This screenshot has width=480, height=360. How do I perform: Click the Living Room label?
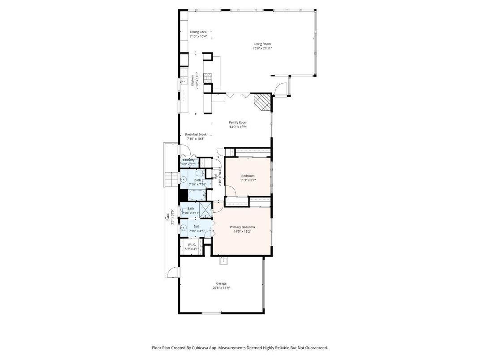pos(262,44)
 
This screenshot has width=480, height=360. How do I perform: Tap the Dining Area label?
pos(198,32)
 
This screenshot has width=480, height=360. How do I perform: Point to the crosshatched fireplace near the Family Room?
pos(262,102)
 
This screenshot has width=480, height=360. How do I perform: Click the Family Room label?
pos(238,122)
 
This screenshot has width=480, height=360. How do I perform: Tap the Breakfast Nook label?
pos(196,134)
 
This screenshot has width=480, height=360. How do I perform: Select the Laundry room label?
pos(189,160)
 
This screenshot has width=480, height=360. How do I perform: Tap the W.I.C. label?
pos(191,244)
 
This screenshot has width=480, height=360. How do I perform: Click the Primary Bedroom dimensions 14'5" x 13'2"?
pos(242,231)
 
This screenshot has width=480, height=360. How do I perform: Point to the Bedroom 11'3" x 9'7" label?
pos(248,176)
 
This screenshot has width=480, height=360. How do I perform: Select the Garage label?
pos(221,283)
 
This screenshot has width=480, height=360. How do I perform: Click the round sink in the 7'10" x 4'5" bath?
pos(183,227)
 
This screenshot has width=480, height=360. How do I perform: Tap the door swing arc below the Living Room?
pos(280,90)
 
